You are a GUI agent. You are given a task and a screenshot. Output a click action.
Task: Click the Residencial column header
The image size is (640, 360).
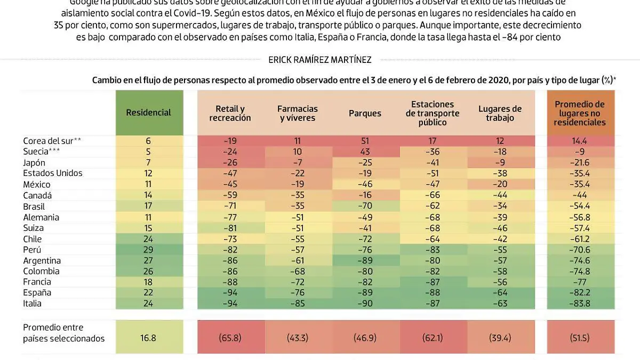(x=148, y=113)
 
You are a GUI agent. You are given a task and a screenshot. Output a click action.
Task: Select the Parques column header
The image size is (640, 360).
(x=365, y=113)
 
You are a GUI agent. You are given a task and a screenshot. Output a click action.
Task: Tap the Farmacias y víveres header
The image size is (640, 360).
(x=297, y=113)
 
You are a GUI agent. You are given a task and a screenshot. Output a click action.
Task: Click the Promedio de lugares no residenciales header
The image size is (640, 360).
(x=580, y=113)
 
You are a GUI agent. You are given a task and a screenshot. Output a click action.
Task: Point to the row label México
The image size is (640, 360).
(x=37, y=184)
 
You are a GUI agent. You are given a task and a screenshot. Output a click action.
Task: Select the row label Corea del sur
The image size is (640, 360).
(x=52, y=141)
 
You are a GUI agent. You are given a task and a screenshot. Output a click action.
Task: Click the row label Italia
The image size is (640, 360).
(x=33, y=303)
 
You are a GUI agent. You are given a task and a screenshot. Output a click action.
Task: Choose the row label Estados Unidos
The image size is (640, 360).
(x=53, y=173)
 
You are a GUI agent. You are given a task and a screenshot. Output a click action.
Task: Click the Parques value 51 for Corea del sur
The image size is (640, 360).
(x=365, y=141)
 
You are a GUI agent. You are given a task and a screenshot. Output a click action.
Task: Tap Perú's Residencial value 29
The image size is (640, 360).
(x=148, y=250)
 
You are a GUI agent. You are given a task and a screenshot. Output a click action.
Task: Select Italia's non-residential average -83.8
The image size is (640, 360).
(x=580, y=303)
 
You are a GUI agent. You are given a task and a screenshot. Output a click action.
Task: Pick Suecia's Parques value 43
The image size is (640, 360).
(x=365, y=151)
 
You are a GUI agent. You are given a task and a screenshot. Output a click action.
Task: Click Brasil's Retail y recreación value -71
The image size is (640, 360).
(x=230, y=206)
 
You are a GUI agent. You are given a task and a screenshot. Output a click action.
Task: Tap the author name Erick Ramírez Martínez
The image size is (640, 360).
(x=319, y=60)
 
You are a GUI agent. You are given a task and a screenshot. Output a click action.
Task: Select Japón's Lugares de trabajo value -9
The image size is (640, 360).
(x=500, y=163)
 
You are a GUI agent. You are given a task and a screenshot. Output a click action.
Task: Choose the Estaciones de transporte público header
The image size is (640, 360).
(x=433, y=113)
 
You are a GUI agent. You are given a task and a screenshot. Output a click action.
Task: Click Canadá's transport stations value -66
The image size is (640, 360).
(x=433, y=195)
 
